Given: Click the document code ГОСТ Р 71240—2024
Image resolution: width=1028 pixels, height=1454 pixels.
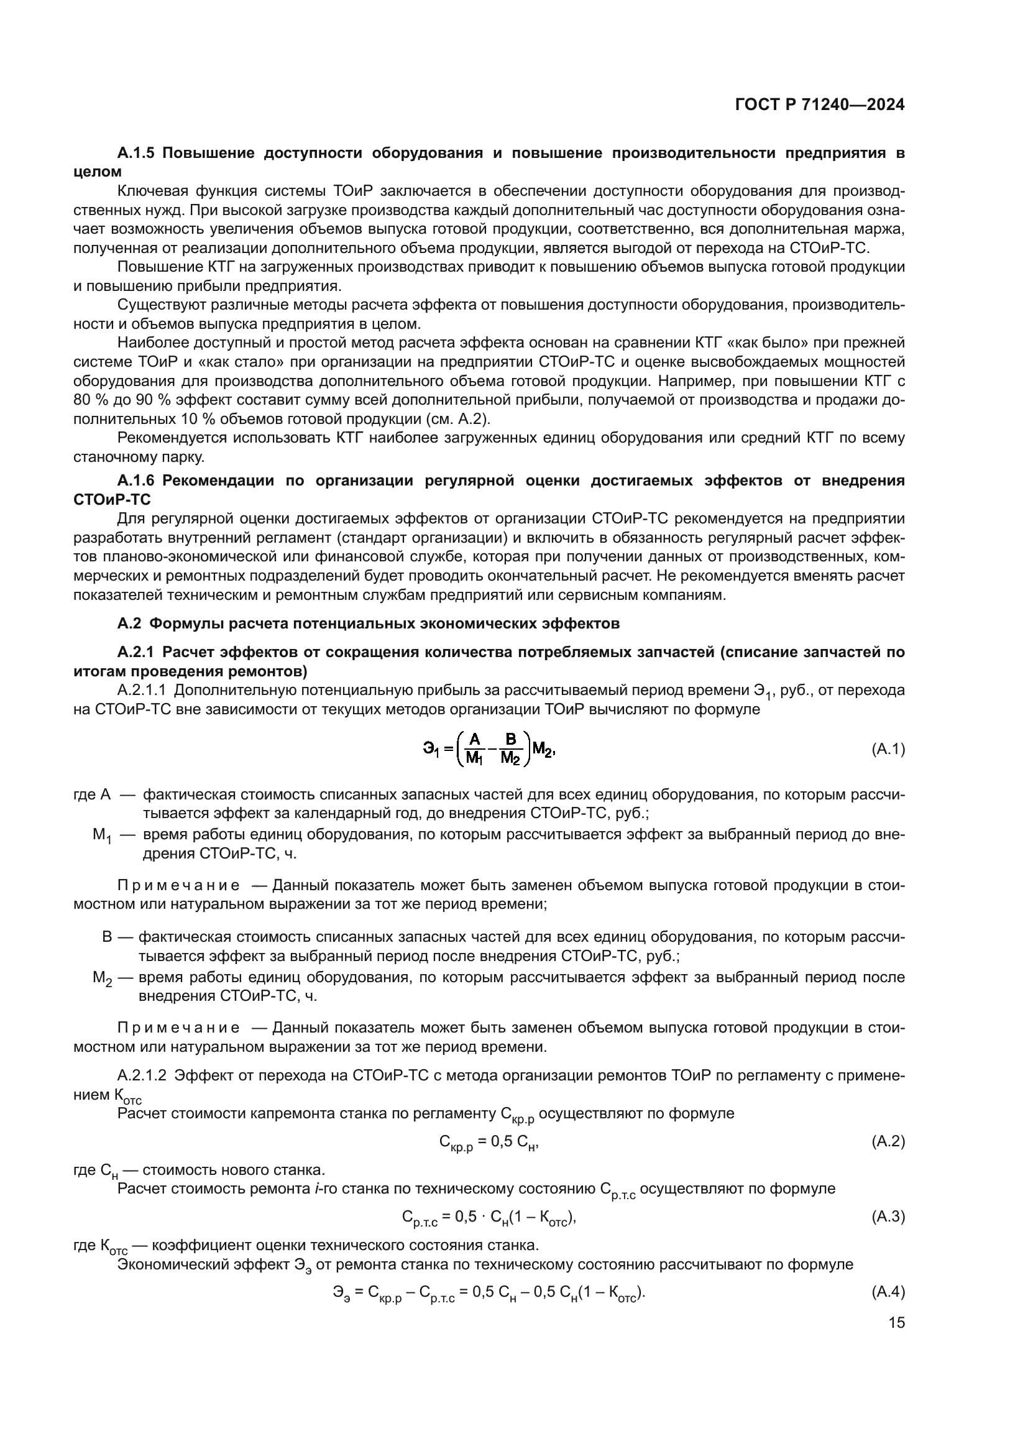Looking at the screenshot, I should click(820, 105).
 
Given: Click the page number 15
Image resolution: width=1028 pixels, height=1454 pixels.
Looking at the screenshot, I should click(896, 1322).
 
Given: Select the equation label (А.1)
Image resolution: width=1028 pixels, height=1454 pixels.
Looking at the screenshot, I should click(888, 750).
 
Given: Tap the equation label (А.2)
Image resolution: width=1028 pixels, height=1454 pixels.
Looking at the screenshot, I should click(888, 1141).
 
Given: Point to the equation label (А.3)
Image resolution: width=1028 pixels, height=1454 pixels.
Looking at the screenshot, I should click(888, 1217).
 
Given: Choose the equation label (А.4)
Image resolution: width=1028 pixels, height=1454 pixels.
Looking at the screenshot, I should click(888, 1292).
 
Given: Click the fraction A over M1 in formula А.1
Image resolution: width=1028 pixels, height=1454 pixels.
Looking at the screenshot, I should click(474, 748).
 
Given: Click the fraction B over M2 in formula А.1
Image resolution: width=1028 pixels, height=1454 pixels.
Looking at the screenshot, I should click(510, 748).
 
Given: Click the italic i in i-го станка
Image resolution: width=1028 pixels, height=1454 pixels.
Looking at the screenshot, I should click(316, 1189).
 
